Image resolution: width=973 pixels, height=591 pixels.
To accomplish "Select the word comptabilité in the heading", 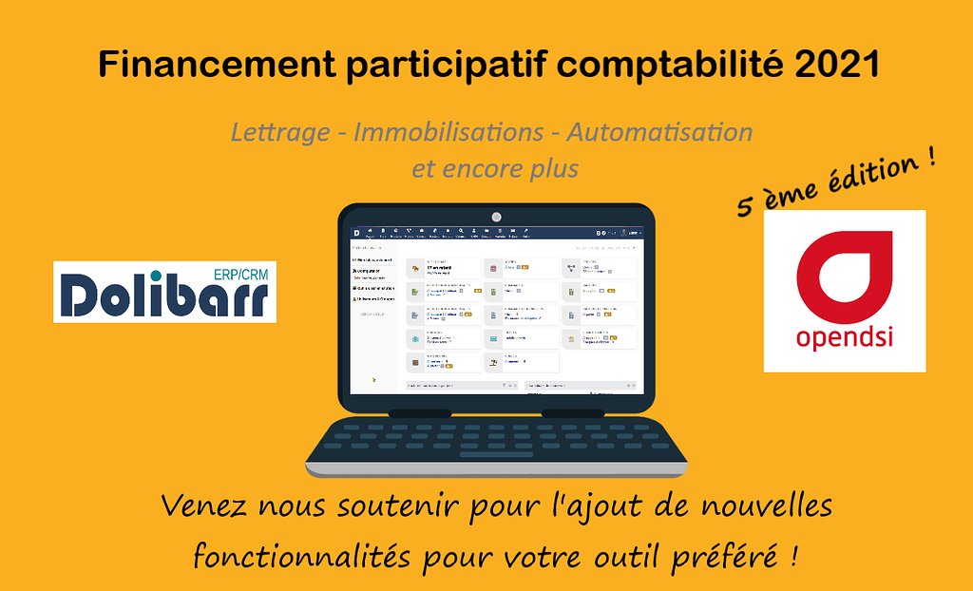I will (664, 67).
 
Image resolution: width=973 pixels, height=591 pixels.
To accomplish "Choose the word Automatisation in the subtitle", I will (659, 132).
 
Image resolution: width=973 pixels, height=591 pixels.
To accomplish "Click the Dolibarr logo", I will (164, 295).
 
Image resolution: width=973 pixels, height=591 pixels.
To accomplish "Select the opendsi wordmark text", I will (844, 339).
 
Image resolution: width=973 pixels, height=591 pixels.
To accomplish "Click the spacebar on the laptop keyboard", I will (496, 454).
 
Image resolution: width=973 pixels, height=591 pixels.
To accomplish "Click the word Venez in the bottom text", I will (200, 507).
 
